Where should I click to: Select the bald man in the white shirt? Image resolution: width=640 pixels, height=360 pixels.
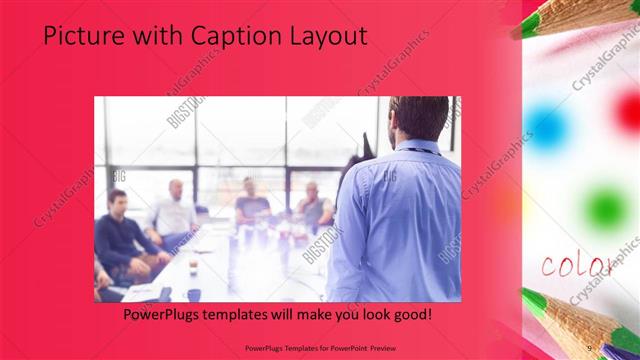[172, 210]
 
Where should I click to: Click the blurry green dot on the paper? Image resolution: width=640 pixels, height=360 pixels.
[605, 207]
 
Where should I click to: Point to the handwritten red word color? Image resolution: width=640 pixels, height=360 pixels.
[576, 265]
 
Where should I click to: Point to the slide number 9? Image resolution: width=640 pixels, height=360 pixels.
[590, 348]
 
